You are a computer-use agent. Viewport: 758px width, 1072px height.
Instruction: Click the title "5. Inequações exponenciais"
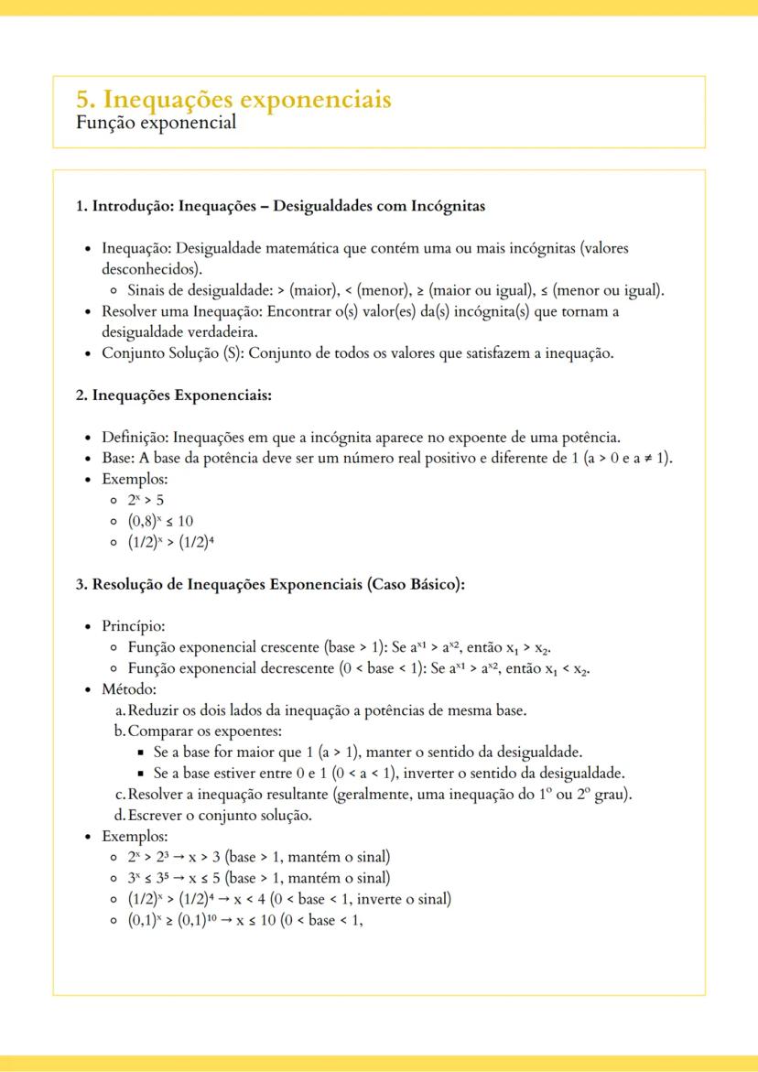(x=233, y=99)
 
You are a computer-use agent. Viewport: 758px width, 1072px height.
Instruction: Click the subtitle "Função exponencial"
(x=156, y=122)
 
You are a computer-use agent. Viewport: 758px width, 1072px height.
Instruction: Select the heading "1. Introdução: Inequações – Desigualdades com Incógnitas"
(x=280, y=206)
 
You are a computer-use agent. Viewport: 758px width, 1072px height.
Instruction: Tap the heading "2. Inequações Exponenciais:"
(x=174, y=395)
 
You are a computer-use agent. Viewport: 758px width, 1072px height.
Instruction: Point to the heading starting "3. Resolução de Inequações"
(x=270, y=585)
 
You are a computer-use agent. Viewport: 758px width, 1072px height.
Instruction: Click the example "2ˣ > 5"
(x=146, y=500)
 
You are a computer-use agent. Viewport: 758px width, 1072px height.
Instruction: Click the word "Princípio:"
(x=133, y=627)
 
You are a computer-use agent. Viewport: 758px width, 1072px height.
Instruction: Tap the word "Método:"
(x=129, y=689)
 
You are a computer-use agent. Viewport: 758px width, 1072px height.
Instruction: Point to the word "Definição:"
(x=135, y=438)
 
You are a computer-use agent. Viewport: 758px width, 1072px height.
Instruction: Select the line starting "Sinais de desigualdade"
(x=395, y=291)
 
